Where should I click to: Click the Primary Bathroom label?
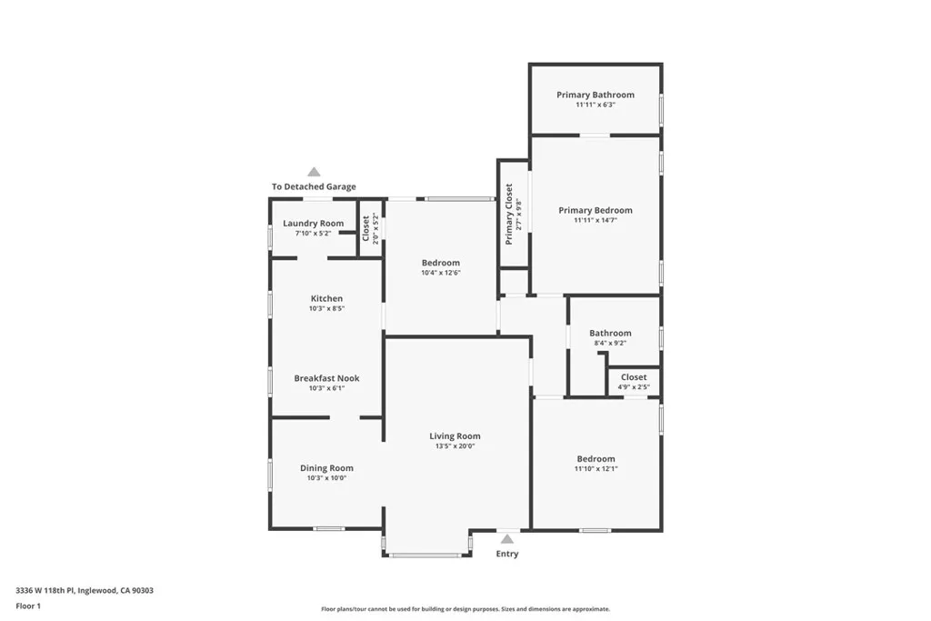pyautogui.click(x=596, y=95)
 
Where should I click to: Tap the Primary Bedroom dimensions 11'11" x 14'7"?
pyautogui.click(x=596, y=220)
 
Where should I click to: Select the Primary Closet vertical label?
pyautogui.click(x=509, y=214)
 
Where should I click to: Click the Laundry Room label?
pyautogui.click(x=313, y=224)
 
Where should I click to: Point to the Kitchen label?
pyautogui.click(x=326, y=298)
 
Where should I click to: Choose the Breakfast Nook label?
pyautogui.click(x=326, y=378)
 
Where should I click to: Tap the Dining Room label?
pyautogui.click(x=326, y=468)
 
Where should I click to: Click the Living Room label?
pyautogui.click(x=455, y=436)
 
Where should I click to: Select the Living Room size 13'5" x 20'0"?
pyautogui.click(x=455, y=446)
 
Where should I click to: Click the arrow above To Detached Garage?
pyautogui.click(x=314, y=172)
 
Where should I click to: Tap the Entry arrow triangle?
pyautogui.click(x=506, y=539)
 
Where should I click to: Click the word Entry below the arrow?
pyautogui.click(x=506, y=554)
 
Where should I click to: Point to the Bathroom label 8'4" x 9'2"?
pyautogui.click(x=610, y=333)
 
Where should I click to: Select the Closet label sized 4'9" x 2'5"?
pyautogui.click(x=634, y=377)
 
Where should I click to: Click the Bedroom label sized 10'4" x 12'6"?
pyautogui.click(x=440, y=263)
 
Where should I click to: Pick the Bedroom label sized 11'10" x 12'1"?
pyautogui.click(x=596, y=459)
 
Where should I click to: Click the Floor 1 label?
pyautogui.click(x=28, y=606)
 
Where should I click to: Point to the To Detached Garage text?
pyautogui.click(x=314, y=186)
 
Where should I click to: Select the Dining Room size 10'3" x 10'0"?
pyautogui.click(x=326, y=478)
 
